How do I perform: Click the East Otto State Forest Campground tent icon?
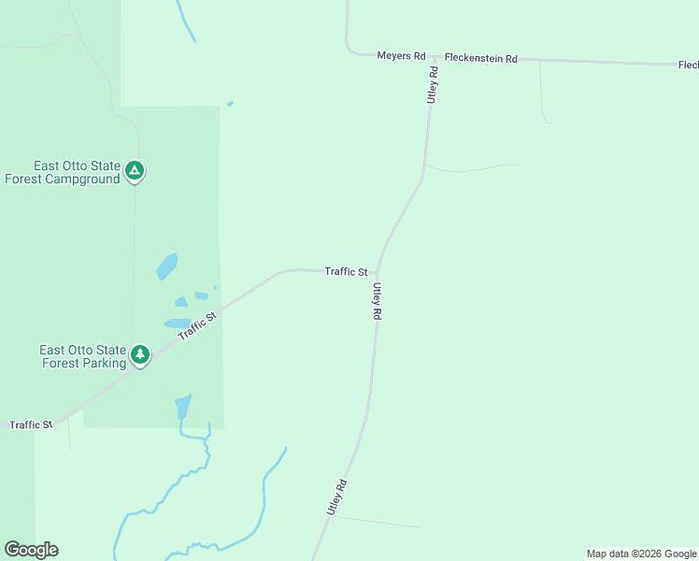point(135,171)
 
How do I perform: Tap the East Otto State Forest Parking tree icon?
point(140,354)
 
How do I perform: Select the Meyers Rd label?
point(401,56)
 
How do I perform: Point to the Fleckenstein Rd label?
point(480,58)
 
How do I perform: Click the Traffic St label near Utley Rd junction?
point(346,272)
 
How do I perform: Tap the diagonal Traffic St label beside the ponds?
point(198,325)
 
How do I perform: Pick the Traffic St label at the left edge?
point(31,424)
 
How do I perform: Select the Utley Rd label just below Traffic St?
point(377,302)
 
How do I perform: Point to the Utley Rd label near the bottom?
point(337,497)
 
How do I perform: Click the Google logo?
point(31,550)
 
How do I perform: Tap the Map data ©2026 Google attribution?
point(641,554)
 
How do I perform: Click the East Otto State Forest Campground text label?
point(64,172)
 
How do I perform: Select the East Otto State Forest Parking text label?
point(82,356)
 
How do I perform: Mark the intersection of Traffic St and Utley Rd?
point(378,272)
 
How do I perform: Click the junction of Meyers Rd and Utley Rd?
point(431,57)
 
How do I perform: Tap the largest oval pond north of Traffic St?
point(166,266)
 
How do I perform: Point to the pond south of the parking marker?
point(182,408)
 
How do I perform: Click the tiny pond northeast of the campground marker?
point(230,104)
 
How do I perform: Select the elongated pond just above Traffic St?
point(177,324)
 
